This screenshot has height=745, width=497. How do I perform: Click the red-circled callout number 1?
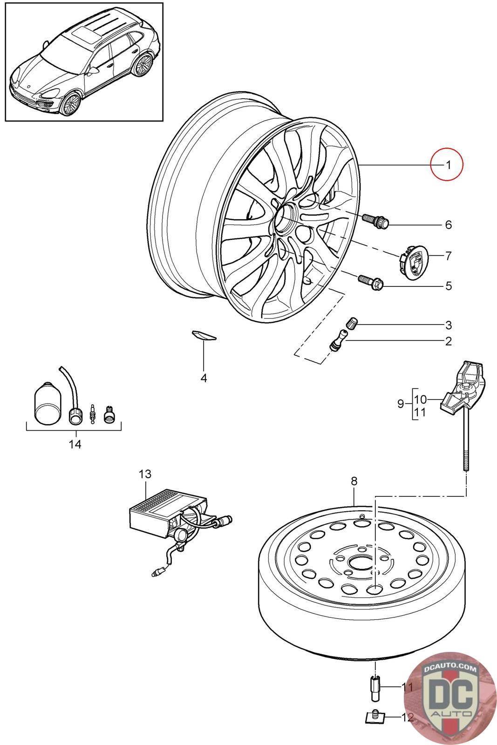[447, 164]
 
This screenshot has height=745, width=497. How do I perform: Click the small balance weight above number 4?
[204, 335]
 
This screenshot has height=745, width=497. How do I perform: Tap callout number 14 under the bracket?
[75, 444]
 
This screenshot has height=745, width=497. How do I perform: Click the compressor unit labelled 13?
[168, 513]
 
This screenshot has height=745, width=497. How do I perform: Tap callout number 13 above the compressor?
[145, 474]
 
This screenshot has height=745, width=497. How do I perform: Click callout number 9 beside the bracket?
[401, 403]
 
